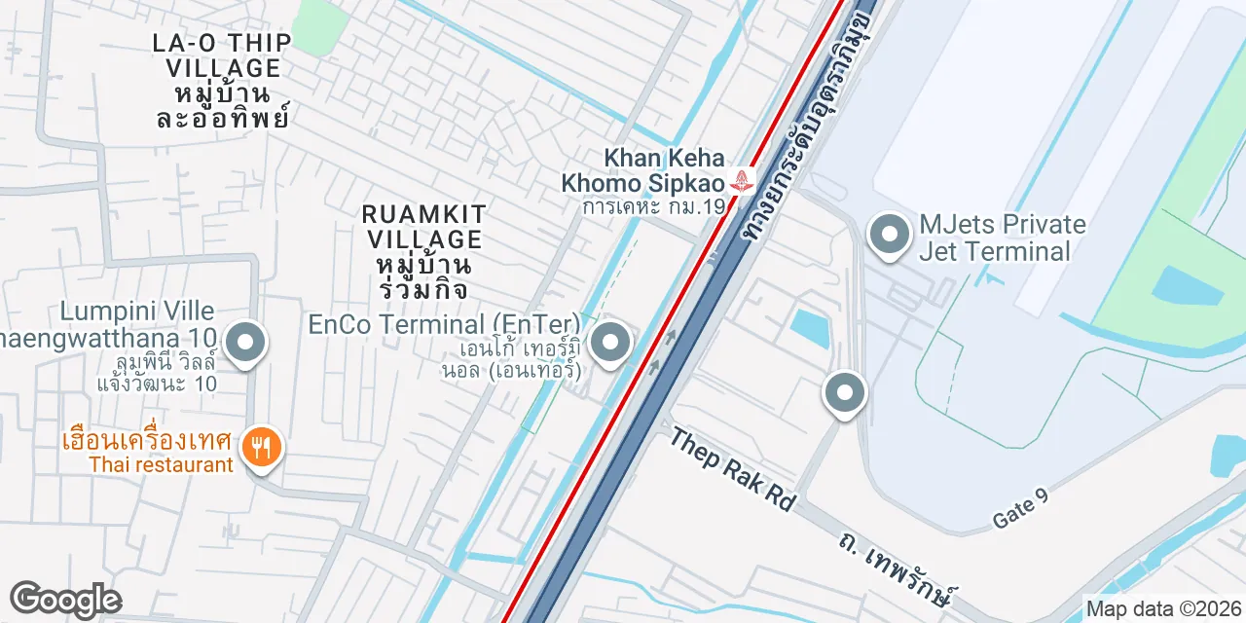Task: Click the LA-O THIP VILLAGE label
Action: pos(223,55)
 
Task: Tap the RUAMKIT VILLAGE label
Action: pos(422,226)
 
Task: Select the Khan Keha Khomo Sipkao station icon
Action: pos(743,181)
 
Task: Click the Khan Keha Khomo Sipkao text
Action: pos(643,170)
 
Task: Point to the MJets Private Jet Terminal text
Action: pos(1003,238)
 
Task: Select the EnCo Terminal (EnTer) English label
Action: pos(444,324)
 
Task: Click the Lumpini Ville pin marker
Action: pos(245,344)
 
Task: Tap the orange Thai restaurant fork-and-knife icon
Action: pos(260,448)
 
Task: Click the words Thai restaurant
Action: pos(161,465)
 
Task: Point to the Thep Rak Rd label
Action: pos(732,468)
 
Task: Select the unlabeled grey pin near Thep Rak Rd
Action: pos(844,393)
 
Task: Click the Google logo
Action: pos(65,600)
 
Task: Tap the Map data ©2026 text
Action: pos(1163,609)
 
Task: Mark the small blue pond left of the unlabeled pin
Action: pos(810,328)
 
